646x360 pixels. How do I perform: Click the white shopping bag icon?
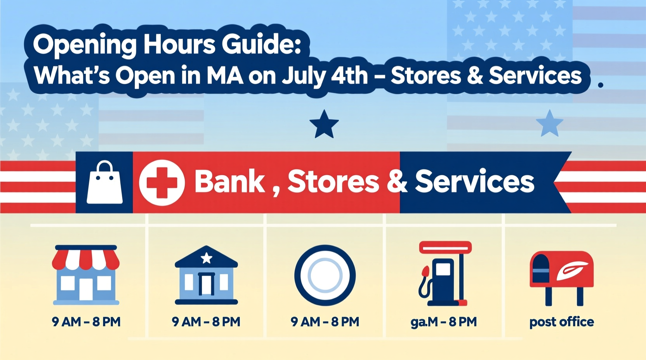coord(104,183)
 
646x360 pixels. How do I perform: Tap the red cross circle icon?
coord(161,182)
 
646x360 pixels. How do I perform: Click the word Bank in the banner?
coord(229,182)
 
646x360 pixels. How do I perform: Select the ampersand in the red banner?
coord(397,182)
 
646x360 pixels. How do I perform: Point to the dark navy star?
coord(324,125)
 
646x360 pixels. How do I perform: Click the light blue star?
coord(549,124)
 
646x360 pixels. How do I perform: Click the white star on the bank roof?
coord(206,258)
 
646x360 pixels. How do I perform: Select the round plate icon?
coord(325,275)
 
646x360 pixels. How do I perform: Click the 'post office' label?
coord(561,322)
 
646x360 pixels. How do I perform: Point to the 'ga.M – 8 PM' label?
coord(443,322)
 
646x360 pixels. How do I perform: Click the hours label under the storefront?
coord(86,322)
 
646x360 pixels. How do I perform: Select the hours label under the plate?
coord(325,322)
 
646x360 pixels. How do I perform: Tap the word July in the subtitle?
coord(304,76)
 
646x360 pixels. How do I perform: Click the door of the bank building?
coord(206,284)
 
